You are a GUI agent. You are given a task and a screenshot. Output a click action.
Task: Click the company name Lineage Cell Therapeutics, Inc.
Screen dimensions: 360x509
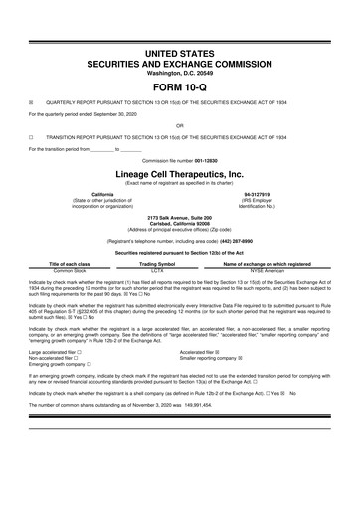pos(180,171)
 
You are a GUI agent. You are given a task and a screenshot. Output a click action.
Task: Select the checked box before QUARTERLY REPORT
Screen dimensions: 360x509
pos(31,101)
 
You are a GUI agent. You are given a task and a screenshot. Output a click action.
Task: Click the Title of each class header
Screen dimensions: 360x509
pos(71,264)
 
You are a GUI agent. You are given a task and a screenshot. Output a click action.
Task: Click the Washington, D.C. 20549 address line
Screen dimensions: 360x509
pos(180,73)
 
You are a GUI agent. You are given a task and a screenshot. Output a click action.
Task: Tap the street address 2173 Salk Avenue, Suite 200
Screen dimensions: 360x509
pos(180,216)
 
